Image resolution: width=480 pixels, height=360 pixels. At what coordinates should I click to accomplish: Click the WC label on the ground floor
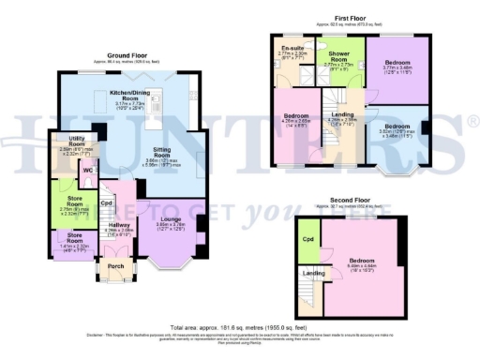[86, 171]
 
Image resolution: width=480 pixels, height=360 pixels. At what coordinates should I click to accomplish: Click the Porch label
[115, 265]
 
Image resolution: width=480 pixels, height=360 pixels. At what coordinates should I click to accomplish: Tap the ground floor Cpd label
[106, 202]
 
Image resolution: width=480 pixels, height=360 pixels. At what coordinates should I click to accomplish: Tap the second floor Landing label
[312, 273]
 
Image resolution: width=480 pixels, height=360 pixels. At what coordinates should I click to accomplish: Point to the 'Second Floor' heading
[348, 201]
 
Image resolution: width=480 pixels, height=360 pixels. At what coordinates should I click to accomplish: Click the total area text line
[239, 327]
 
